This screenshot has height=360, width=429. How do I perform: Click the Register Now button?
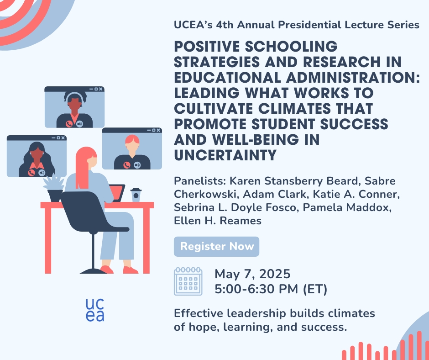click(x=216, y=246)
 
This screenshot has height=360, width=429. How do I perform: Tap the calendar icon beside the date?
click(x=188, y=281)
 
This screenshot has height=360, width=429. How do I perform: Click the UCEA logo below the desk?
click(x=95, y=310)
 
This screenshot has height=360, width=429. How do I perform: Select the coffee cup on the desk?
click(x=136, y=195)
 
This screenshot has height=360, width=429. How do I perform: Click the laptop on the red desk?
click(x=117, y=193)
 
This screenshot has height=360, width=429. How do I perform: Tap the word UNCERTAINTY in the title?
click(x=225, y=155)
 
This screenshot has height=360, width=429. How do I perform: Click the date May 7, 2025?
click(x=252, y=274)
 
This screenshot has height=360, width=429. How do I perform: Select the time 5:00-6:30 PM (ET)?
click(x=271, y=289)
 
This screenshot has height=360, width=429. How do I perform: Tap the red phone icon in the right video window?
click(x=127, y=165)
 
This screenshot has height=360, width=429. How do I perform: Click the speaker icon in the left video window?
click(x=42, y=173)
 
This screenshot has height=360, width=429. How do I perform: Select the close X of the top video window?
click(x=101, y=89)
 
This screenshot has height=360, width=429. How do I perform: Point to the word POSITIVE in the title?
click(x=207, y=46)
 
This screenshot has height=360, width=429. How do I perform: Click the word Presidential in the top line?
click(x=309, y=25)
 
